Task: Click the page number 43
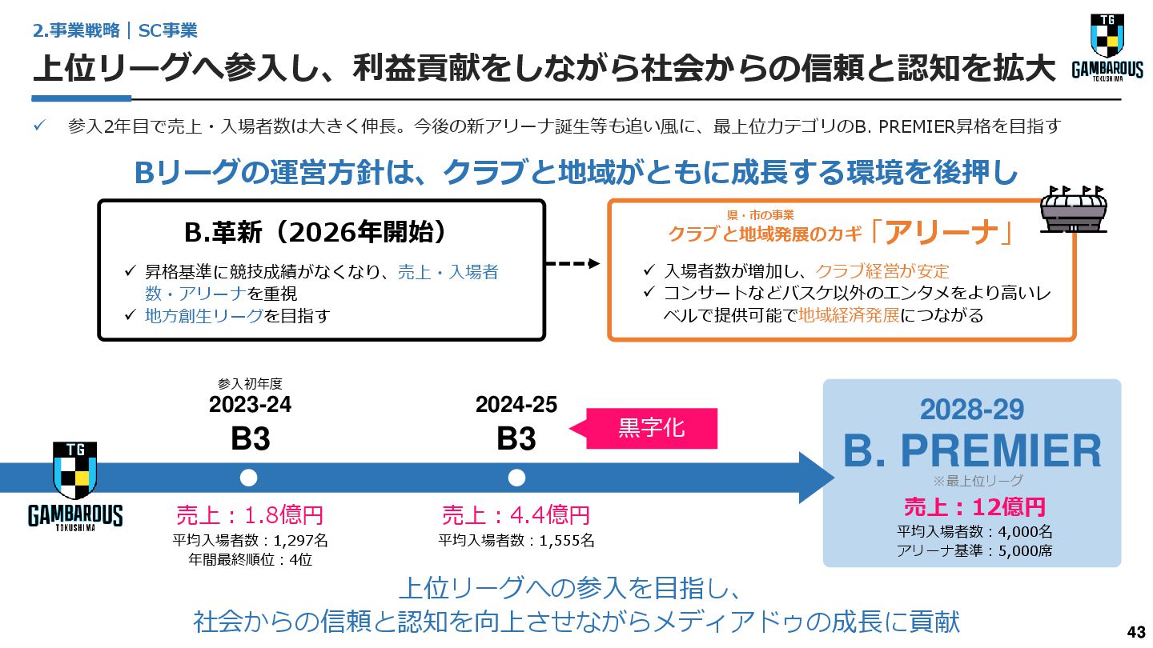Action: pos(1135,631)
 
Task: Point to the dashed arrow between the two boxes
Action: pos(572,263)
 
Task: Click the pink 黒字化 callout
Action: pos(652,428)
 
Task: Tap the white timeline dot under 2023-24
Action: pos(249,478)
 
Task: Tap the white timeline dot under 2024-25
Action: pos(516,478)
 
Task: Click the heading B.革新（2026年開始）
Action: pos(315,232)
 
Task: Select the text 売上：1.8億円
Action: pos(250,514)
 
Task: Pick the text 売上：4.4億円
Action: pos(516,514)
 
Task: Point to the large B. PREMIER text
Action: pos(972,451)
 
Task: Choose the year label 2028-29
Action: pos(972,410)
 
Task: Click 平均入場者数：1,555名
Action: pos(516,540)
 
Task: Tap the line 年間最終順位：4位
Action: pos(250,559)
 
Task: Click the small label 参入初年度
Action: pos(250,384)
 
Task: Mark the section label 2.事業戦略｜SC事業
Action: pos(115,30)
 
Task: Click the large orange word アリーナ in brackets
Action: pos(942,232)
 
